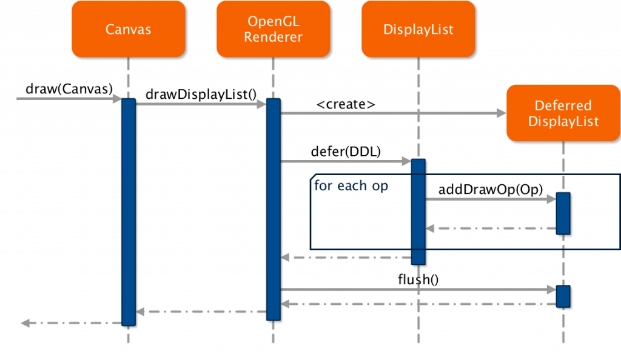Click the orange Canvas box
tap(128, 28)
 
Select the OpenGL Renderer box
tap(273, 28)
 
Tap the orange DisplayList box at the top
tap(418, 28)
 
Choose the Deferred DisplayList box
tap(563, 113)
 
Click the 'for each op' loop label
tap(351, 185)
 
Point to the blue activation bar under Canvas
tap(128, 212)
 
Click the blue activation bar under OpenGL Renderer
tap(274, 209)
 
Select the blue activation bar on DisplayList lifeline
tap(418, 212)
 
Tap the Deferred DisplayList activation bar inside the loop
tap(563, 213)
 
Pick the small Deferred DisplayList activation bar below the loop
tap(563, 296)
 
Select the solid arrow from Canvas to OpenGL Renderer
tap(201, 104)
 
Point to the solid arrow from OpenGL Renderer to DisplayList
tap(346, 161)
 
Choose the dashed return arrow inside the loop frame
tap(491, 228)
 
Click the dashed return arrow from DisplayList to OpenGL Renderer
tap(346, 258)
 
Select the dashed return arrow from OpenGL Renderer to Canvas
tap(201, 312)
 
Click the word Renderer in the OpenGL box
tap(273, 37)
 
